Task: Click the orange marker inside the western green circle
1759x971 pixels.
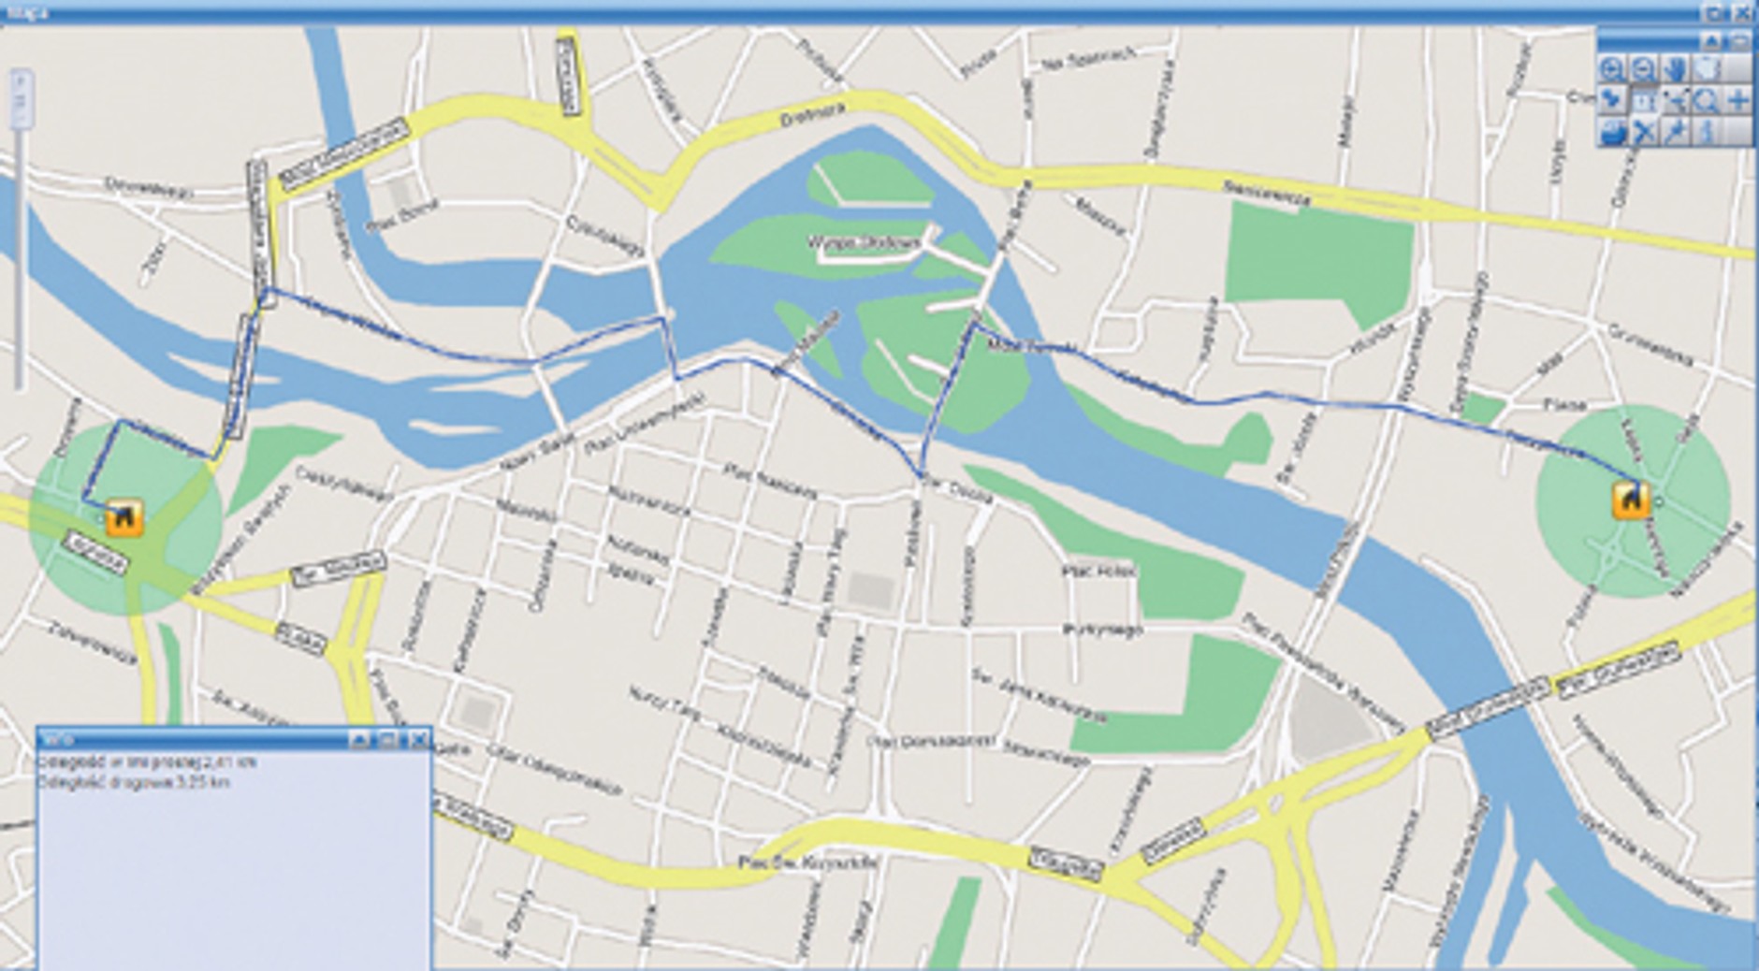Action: point(124,518)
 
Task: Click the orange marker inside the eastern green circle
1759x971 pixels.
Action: point(1630,500)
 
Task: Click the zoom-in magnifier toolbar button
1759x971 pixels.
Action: point(1611,69)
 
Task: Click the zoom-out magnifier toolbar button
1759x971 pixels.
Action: point(1643,69)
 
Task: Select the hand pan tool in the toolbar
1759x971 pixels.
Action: point(1675,69)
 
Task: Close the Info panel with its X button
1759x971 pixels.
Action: point(418,740)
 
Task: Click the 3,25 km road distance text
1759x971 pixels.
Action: point(134,782)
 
